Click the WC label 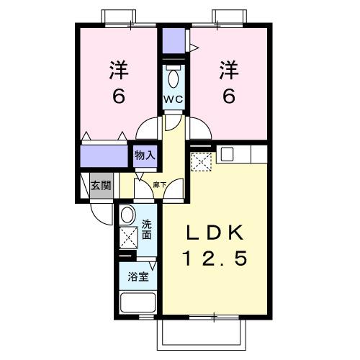173,98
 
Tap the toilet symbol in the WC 173,77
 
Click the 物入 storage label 144,154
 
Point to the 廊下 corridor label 160,186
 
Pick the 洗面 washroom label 146,229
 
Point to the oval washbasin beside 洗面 128,215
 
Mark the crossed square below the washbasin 129,236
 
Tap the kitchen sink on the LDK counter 227,153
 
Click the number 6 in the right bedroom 229,96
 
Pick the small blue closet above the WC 173,42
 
